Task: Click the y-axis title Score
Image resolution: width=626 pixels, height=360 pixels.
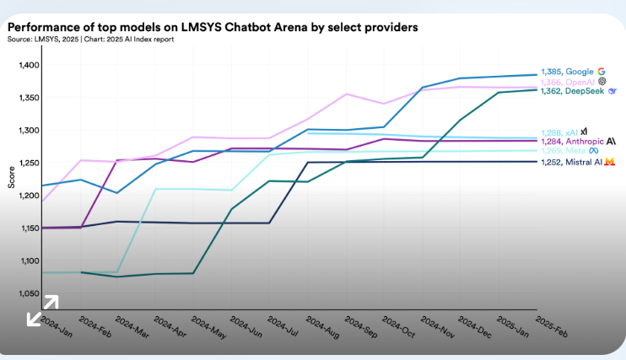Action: click(11, 179)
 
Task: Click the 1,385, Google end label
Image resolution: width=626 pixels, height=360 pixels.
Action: click(568, 72)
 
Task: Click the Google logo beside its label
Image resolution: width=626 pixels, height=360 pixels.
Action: click(602, 72)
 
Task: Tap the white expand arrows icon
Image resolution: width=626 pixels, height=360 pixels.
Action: click(42, 309)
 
